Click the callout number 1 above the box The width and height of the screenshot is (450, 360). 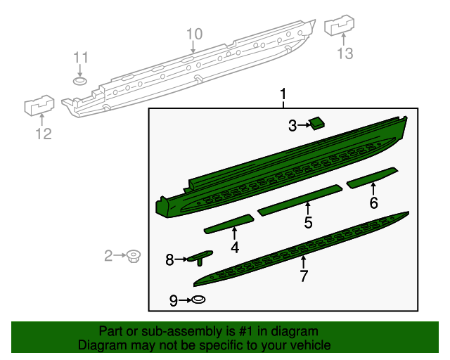[284, 94]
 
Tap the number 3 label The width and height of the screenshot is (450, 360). [292, 126]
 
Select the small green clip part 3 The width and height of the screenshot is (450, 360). [317, 123]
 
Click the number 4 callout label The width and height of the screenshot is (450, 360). [235, 247]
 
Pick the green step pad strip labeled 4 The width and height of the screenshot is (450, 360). [229, 223]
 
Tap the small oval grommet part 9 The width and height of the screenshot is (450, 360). [199, 300]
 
